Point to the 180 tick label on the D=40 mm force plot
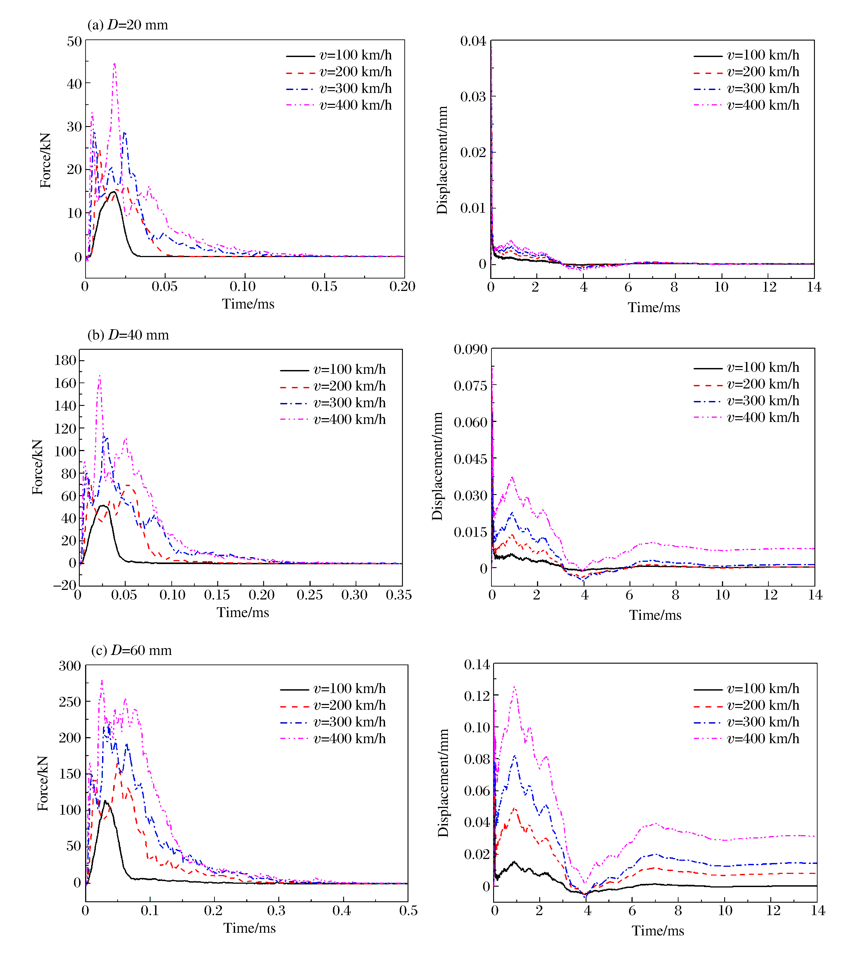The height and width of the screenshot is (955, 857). tap(66, 360)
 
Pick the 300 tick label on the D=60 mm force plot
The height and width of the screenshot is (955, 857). tap(70, 666)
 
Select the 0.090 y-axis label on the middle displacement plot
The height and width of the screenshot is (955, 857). tap(470, 349)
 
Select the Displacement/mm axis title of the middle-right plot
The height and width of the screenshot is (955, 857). tap(437, 466)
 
